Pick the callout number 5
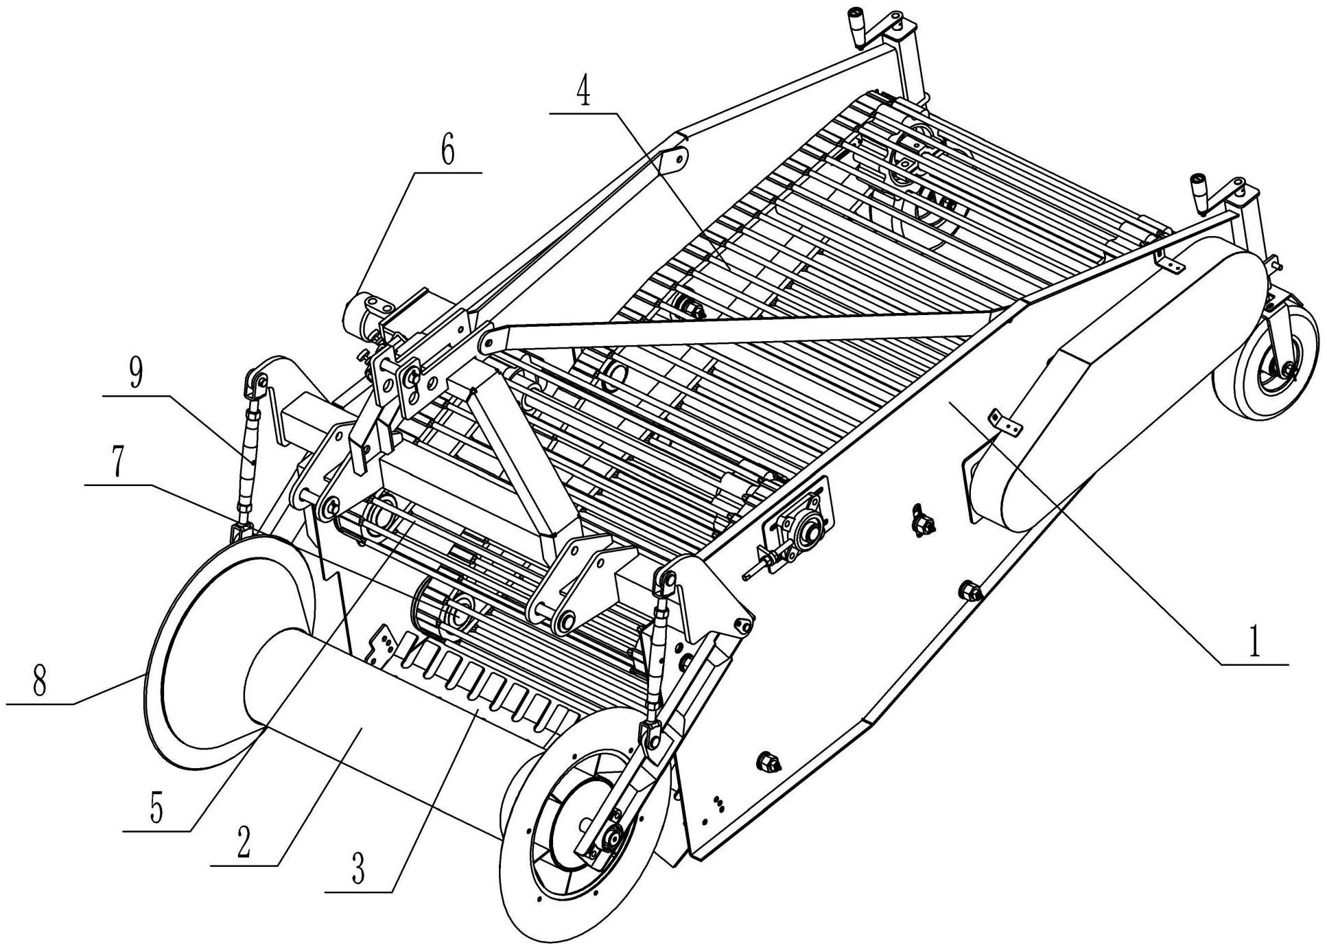pos(156,810)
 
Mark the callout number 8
pos(39,682)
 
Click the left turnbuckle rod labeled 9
pos(249,453)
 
